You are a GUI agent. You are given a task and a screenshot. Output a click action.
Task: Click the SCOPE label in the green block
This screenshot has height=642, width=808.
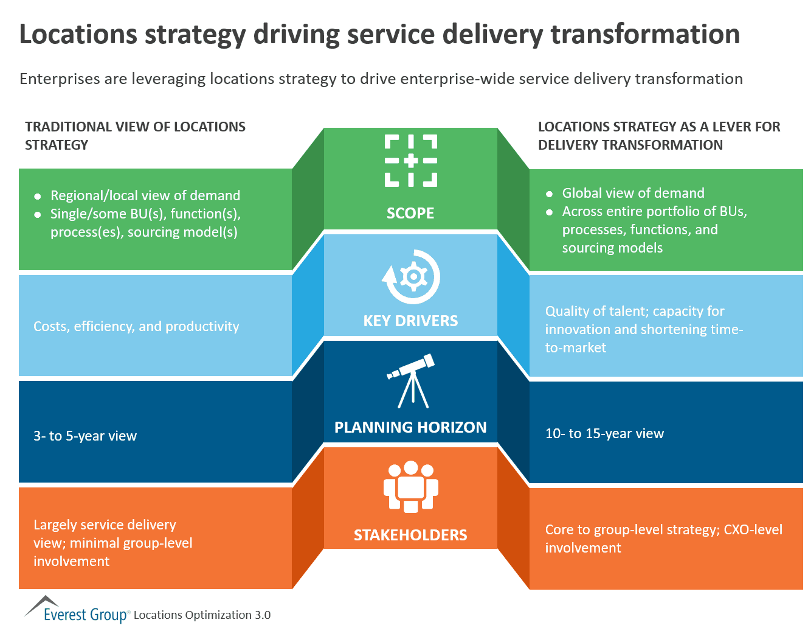pyautogui.click(x=410, y=214)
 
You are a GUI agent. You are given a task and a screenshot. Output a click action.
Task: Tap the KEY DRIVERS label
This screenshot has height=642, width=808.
pyautogui.click(x=410, y=321)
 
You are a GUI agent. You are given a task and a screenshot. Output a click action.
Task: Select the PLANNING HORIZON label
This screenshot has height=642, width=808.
pyautogui.click(x=410, y=427)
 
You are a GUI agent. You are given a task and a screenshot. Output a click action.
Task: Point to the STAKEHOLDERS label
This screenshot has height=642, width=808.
pyautogui.click(x=410, y=535)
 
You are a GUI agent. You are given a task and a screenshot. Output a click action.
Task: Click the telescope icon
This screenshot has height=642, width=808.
pyautogui.click(x=412, y=380)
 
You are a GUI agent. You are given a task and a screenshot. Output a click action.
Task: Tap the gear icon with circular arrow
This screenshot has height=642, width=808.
pyautogui.click(x=412, y=277)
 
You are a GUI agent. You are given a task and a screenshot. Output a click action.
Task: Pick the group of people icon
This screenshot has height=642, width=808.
pyautogui.click(x=411, y=486)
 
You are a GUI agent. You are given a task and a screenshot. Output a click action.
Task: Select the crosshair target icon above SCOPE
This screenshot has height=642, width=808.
pyautogui.click(x=411, y=161)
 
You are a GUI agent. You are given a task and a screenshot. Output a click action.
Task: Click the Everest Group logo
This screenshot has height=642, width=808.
pyautogui.click(x=77, y=611)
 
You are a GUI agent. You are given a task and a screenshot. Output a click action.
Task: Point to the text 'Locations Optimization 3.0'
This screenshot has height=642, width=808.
pyautogui.click(x=202, y=615)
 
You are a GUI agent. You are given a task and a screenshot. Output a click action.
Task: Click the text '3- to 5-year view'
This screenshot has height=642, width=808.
pyautogui.click(x=85, y=436)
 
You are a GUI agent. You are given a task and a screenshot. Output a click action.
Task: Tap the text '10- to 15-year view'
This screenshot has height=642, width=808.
pyautogui.click(x=604, y=433)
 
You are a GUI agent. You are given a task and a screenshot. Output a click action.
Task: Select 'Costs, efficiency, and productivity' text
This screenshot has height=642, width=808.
pyautogui.click(x=136, y=326)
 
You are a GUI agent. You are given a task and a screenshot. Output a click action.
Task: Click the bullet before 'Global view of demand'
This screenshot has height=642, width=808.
pyautogui.click(x=550, y=194)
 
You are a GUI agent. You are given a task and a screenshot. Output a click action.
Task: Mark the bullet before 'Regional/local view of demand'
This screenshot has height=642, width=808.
pyautogui.click(x=38, y=197)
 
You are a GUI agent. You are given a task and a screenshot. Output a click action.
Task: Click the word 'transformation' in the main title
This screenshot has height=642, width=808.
pyautogui.click(x=645, y=34)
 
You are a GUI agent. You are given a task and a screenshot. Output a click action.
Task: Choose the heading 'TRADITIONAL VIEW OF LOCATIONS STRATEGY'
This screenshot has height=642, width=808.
pyautogui.click(x=135, y=136)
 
